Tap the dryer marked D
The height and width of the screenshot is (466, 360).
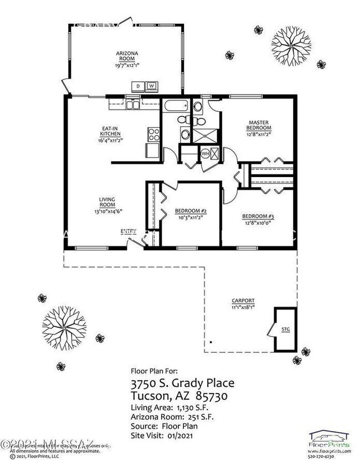pos(138,86)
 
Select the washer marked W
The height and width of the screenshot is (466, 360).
pos(151,86)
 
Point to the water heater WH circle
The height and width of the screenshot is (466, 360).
pos(205,154)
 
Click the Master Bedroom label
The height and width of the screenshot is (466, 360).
pos(259,125)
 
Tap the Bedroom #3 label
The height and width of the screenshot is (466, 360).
pos(258,219)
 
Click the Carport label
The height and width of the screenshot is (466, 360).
pos(243,304)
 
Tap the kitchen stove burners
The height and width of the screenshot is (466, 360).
pos(153,133)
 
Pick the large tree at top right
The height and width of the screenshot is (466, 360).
pos(290,44)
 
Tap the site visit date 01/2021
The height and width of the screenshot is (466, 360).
pos(183,436)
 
